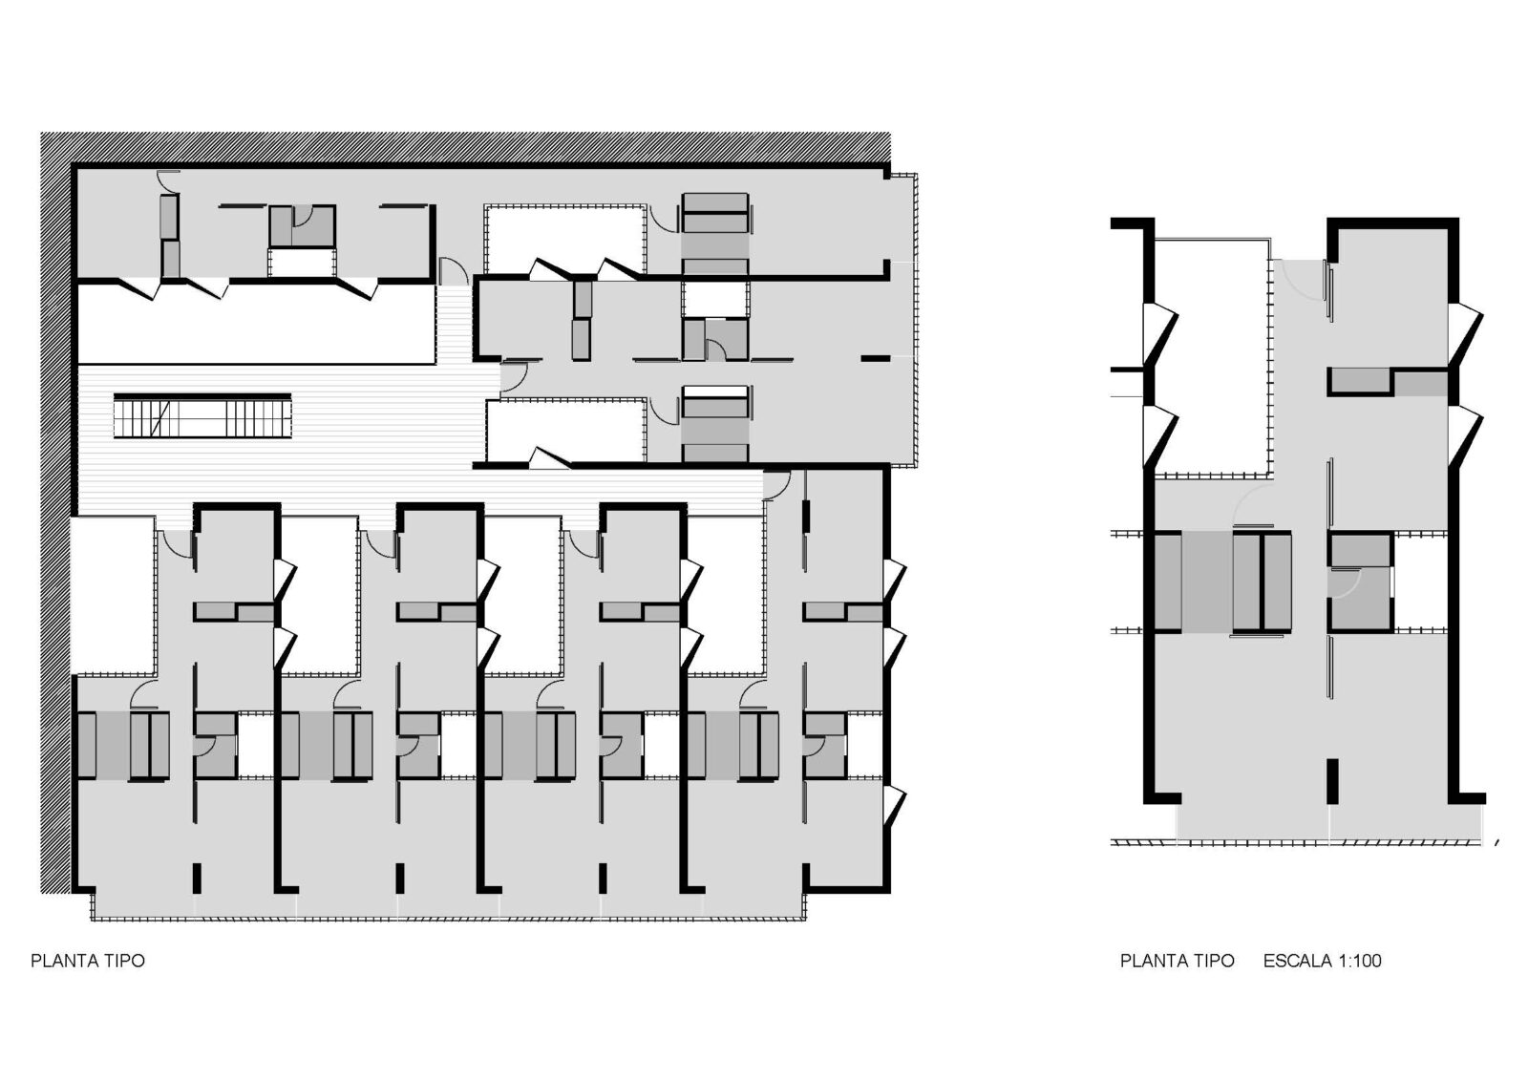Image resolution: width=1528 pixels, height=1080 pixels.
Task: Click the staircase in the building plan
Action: coord(202,416)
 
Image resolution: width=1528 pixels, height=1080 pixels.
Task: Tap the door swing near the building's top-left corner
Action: coord(166,179)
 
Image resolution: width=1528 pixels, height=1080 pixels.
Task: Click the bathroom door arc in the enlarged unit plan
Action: coord(1345,584)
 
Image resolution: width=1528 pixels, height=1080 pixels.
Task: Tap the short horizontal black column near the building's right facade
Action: coord(874,357)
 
